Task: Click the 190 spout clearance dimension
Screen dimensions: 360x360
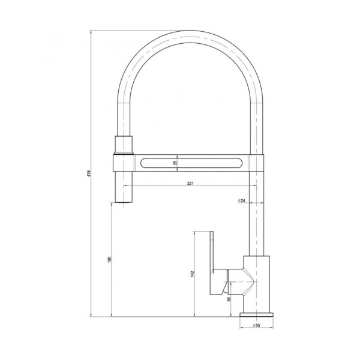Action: point(109,259)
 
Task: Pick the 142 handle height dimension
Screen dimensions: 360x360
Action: point(193,274)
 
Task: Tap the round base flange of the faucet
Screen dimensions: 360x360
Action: point(257,314)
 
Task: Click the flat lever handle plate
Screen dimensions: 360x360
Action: point(211,264)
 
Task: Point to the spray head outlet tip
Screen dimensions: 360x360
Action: point(122,202)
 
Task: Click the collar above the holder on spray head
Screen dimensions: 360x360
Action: point(122,145)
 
